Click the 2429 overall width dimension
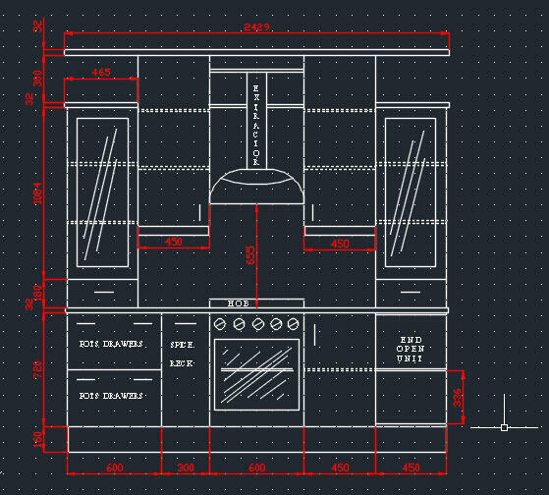coord(257,27)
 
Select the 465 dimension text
coord(101,73)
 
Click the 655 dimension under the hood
coord(250,255)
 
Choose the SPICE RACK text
coord(184,354)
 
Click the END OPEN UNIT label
coord(411,350)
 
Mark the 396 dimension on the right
coord(458,397)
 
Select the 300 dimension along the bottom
coord(186,467)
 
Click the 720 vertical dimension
coord(38,369)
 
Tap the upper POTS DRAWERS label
coord(111,345)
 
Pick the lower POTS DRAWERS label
coord(111,395)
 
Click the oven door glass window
coord(256,374)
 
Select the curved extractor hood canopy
coord(256,187)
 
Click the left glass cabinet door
coord(102,192)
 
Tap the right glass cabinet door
coord(411,192)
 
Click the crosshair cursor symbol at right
coord(504,427)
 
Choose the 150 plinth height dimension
coord(38,439)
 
